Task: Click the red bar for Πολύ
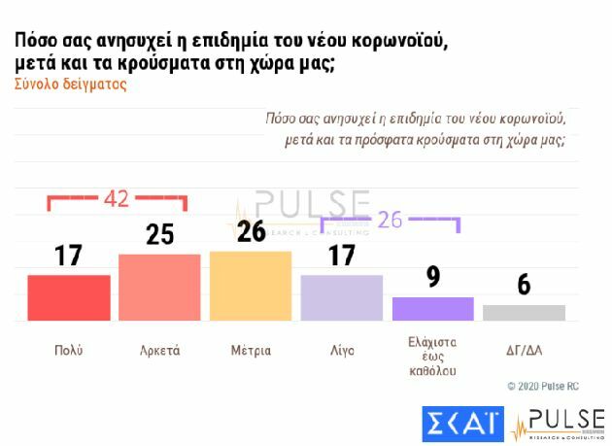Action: coord(68,297)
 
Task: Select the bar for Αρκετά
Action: coord(159,287)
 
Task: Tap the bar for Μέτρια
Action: coord(251,286)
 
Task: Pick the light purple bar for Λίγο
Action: coord(342,297)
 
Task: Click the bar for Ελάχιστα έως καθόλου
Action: coord(433,308)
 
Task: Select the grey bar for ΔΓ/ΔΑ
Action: coord(525,312)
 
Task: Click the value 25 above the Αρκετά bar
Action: coord(159,235)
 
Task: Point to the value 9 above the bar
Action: coord(433,276)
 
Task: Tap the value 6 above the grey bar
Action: coord(525,285)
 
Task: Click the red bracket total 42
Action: coord(117,198)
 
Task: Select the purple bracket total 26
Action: coord(390,220)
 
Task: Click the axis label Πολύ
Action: coord(68,350)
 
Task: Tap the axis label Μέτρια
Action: coord(251,350)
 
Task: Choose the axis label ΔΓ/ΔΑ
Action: coord(525,350)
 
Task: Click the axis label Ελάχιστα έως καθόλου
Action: coord(433,356)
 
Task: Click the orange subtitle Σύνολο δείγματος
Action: coord(71,85)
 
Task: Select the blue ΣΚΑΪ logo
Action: coord(463,424)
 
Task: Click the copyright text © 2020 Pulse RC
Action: coord(542,387)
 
